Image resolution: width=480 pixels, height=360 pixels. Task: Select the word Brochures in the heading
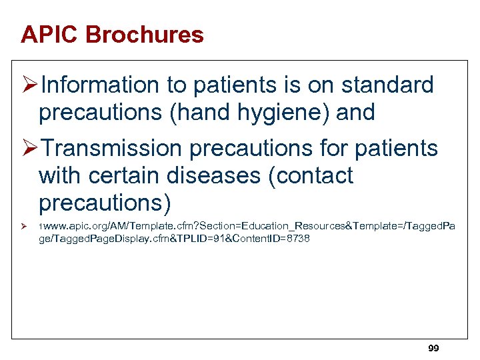(146, 35)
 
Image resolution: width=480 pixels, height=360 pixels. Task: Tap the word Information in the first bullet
(97, 85)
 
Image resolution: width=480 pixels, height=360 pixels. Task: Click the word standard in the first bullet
(387, 85)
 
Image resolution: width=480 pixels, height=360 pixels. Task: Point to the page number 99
(433, 349)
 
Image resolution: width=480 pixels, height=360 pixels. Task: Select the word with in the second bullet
(60, 176)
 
